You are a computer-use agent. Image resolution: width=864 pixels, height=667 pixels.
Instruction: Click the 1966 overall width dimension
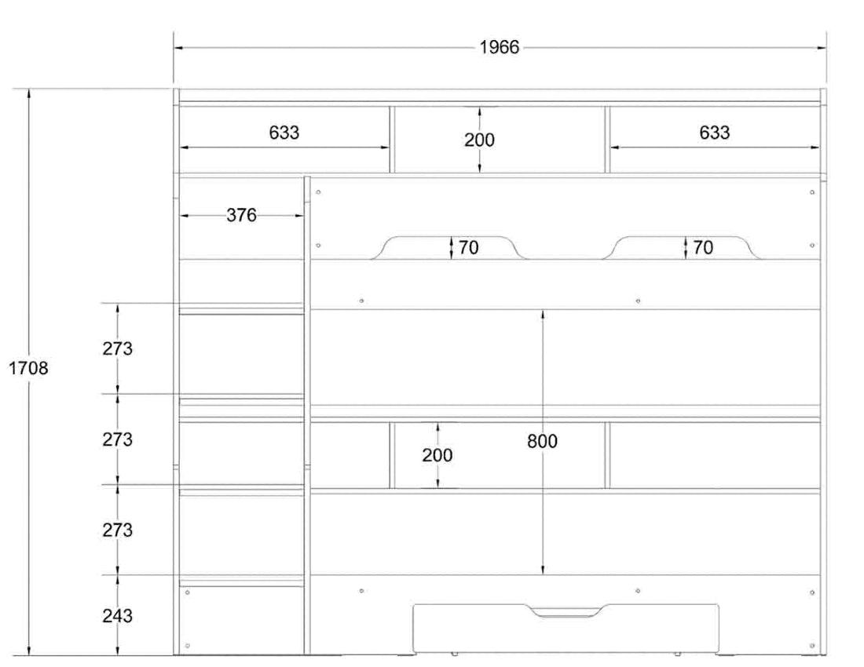click(x=500, y=48)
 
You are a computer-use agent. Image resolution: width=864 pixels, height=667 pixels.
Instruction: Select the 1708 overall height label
click(x=28, y=368)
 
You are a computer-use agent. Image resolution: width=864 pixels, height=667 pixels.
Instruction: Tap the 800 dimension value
click(x=542, y=442)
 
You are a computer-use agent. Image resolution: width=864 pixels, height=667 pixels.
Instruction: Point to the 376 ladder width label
click(x=241, y=216)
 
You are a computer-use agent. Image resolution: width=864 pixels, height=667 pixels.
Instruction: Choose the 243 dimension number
click(x=117, y=616)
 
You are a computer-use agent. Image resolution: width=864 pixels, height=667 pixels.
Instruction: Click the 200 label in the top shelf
click(x=479, y=140)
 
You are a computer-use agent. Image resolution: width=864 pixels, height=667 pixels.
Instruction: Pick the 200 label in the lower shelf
click(x=437, y=455)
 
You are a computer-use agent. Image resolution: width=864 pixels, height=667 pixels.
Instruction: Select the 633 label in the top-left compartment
click(x=284, y=133)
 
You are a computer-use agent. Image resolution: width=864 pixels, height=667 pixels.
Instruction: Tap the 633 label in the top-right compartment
click(x=714, y=133)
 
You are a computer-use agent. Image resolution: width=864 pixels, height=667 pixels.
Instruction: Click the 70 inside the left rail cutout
click(x=469, y=248)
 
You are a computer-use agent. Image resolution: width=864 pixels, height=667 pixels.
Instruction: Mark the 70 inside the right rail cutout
click(x=703, y=248)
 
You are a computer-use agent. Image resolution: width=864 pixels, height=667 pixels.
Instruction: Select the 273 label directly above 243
click(x=117, y=530)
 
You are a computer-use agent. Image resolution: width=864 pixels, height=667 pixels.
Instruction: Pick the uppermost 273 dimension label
click(x=117, y=349)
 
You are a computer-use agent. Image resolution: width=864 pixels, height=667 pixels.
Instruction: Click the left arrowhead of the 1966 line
click(x=178, y=48)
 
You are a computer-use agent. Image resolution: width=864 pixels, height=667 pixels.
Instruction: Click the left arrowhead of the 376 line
click(x=184, y=216)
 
